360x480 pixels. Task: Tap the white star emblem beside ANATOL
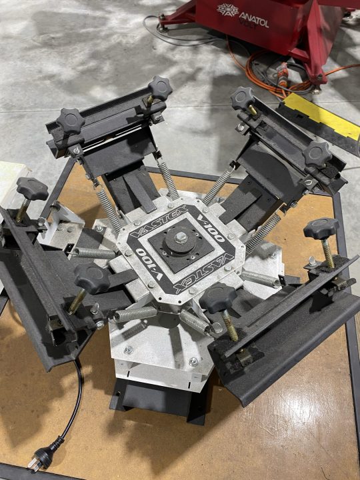click(227, 10)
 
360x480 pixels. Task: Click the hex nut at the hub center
click(181, 236)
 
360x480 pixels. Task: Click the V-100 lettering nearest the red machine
click(211, 228)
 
